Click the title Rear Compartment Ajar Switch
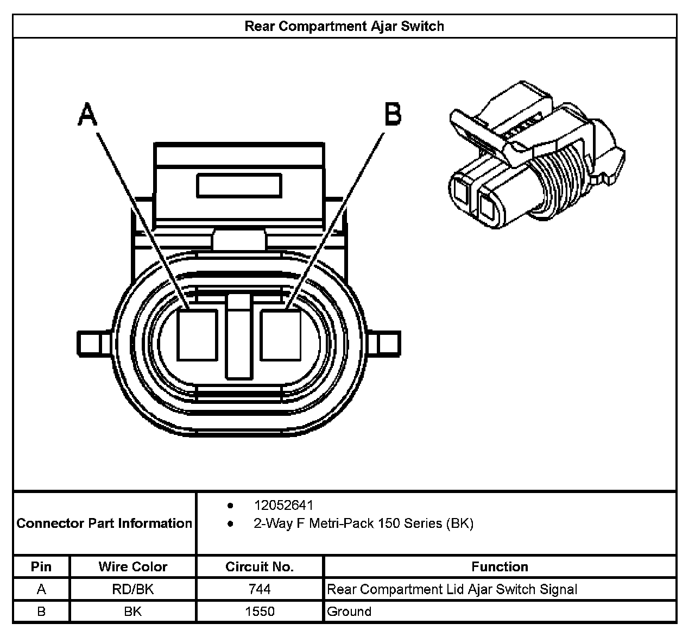click(x=344, y=26)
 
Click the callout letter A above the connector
click(x=87, y=115)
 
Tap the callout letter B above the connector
click(x=393, y=115)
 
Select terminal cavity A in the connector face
click(x=198, y=334)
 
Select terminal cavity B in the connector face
click(x=280, y=334)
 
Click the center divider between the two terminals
click(x=239, y=337)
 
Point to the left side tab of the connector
click(x=90, y=344)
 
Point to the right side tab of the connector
click(x=388, y=344)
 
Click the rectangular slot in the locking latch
click(x=239, y=186)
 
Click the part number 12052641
click(x=283, y=506)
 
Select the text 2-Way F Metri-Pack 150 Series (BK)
click(x=363, y=523)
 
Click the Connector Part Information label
click(x=104, y=523)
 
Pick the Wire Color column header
click(x=133, y=567)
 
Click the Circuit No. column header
click(x=260, y=567)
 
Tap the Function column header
click(x=500, y=567)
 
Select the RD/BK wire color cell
click(x=133, y=589)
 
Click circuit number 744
click(x=260, y=589)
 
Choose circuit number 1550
click(x=260, y=612)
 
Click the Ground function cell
click(x=349, y=612)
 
